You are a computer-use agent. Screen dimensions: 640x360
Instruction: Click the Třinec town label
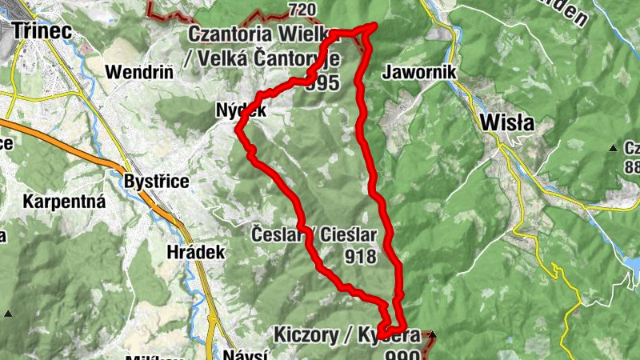click(x=42, y=30)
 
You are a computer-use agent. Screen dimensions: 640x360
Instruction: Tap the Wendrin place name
click(x=139, y=71)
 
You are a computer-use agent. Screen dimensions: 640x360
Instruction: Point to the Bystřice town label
click(x=157, y=182)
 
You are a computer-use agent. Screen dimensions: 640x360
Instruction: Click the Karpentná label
click(x=65, y=201)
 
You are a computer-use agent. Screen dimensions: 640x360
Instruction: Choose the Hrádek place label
click(x=196, y=251)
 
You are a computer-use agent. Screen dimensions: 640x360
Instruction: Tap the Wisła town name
click(x=508, y=123)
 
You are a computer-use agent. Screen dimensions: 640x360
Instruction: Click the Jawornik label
click(x=419, y=71)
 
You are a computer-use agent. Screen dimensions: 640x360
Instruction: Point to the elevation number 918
click(x=362, y=257)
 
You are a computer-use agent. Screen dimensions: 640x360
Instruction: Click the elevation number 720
click(x=301, y=10)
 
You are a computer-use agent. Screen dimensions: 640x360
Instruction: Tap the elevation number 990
click(x=402, y=354)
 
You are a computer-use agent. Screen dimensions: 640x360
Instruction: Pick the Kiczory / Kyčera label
click(x=346, y=333)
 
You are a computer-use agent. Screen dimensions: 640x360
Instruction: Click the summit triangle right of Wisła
click(x=613, y=147)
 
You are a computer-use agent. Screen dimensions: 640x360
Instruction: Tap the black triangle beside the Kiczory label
click(x=433, y=333)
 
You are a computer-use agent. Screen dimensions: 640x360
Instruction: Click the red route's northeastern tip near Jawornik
click(x=374, y=26)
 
